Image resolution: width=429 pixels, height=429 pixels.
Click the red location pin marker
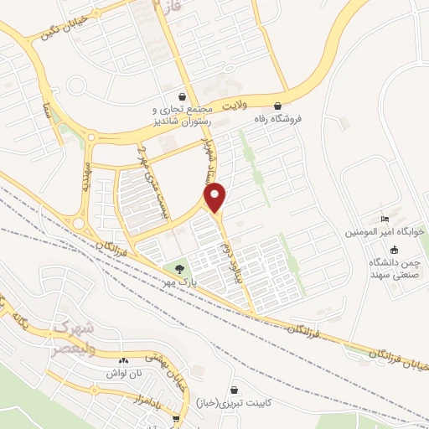216,199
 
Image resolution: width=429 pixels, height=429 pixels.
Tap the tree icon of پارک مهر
180,268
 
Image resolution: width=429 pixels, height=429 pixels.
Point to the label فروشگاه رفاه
278,119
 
